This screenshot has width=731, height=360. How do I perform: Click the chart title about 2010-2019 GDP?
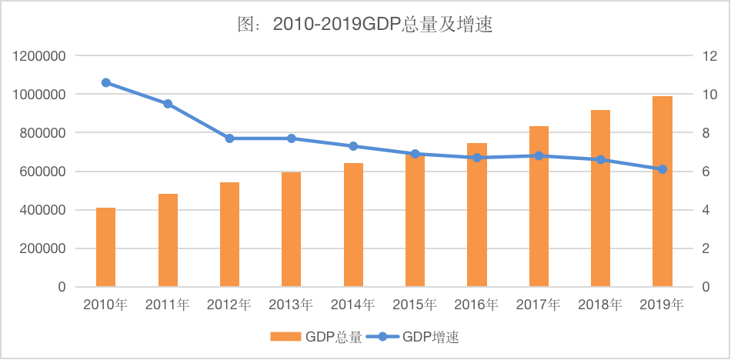coord(365,25)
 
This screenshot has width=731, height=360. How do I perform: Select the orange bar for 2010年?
coord(106,247)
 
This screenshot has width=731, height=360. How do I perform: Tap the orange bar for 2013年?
coord(292,229)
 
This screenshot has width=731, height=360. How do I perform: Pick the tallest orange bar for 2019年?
coord(663,192)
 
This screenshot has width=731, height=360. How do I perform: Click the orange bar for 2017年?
coord(539,207)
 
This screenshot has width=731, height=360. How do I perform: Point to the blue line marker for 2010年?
coord(106,82)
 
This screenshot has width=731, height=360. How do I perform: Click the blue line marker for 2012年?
coord(229,138)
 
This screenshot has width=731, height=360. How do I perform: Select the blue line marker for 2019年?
coord(663,169)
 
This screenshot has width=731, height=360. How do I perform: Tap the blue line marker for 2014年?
coord(353,146)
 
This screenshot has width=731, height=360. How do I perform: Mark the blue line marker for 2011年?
coord(168,104)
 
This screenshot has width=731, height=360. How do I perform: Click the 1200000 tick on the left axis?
coord(39,56)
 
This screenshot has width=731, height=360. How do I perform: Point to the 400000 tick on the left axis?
coord(43,210)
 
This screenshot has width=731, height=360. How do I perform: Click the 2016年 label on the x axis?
coord(477,305)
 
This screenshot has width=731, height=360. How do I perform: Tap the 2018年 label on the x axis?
coord(600,305)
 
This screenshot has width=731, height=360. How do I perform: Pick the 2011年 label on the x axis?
coord(168,305)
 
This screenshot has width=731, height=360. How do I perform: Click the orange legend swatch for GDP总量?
coord(285,337)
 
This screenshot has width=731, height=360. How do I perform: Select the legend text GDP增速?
coord(431,337)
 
